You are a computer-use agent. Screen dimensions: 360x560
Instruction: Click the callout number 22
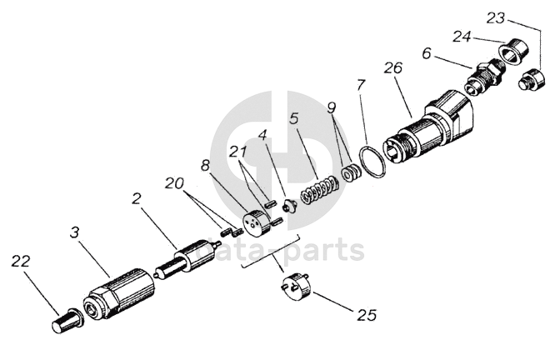coord(21,262)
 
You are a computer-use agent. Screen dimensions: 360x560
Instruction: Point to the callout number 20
coord(176,182)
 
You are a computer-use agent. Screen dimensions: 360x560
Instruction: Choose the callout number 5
coord(293,119)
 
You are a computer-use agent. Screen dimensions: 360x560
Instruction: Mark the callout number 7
coord(360,84)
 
